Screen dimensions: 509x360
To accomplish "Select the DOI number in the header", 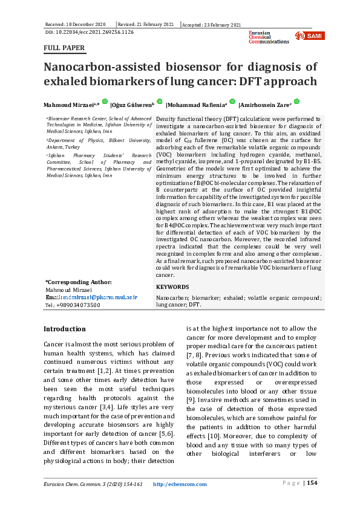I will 90,31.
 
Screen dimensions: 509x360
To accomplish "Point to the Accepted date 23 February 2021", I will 212,24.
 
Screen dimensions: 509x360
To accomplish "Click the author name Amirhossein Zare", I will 267,104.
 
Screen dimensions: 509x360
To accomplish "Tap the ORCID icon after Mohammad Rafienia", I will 232,102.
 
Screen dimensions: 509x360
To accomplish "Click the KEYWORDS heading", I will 172,287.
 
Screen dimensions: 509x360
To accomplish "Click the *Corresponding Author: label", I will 79,282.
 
